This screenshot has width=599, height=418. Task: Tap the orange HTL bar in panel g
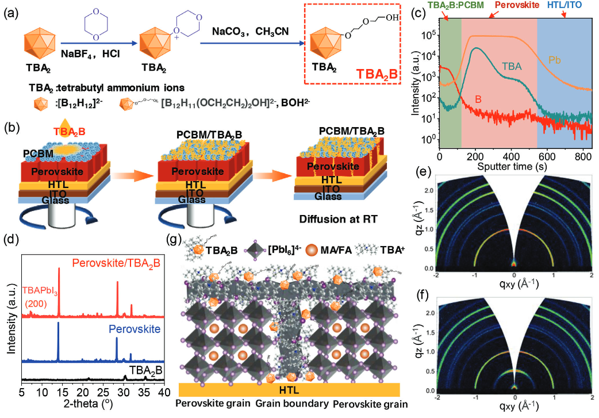point(290,389)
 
